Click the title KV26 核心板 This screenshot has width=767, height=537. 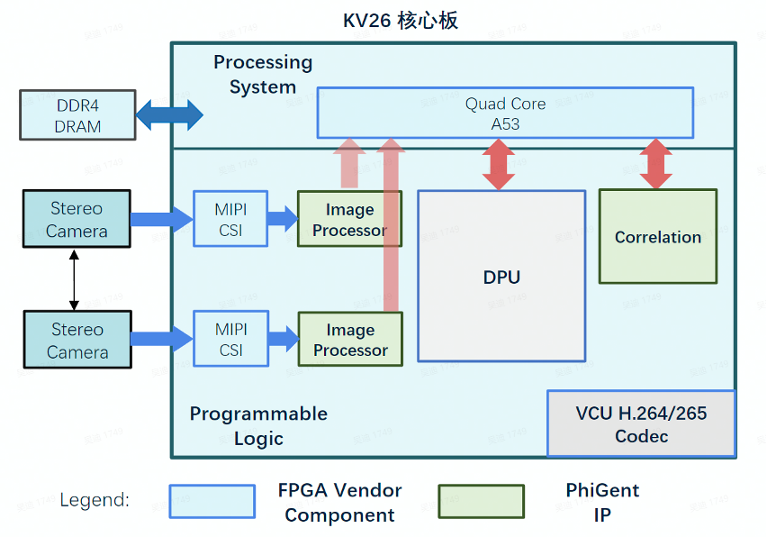(401, 21)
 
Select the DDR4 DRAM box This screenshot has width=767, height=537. (77, 114)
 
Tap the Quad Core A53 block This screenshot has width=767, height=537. (505, 114)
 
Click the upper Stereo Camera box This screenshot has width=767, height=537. (77, 219)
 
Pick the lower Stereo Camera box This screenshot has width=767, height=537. (77, 340)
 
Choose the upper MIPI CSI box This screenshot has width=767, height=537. (230, 219)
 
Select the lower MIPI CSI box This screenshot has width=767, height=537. (230, 339)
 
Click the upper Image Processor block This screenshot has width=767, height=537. (349, 219)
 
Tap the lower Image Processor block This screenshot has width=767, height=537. (350, 339)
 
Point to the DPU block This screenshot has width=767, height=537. (501, 277)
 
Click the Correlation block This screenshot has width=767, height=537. (657, 237)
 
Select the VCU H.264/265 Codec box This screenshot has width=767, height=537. (641, 423)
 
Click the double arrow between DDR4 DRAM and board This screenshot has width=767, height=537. (169, 114)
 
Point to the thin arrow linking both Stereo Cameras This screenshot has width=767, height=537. (75, 279)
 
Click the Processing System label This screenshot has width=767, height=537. (263, 75)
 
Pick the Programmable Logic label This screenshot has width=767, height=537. (258, 426)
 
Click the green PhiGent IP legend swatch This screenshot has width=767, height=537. (481, 502)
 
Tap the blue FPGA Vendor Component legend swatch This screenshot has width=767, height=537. (212, 502)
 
